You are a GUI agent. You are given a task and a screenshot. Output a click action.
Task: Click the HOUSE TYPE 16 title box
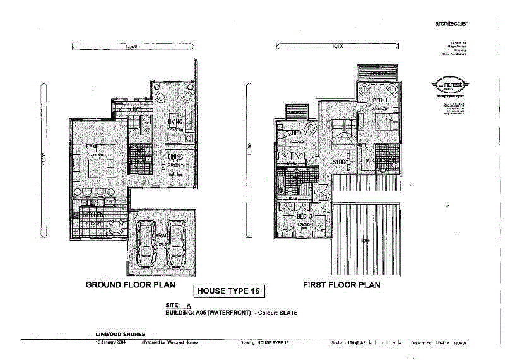coord(229,291)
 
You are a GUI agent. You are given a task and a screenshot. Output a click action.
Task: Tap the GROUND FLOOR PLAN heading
coord(130,285)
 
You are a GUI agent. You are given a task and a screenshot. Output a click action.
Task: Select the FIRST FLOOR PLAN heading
coord(342,285)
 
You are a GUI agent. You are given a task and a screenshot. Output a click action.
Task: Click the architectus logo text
coord(451,23)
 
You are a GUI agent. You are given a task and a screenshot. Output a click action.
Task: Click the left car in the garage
coord(146,243)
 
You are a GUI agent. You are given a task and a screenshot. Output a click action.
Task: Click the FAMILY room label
coord(95,146)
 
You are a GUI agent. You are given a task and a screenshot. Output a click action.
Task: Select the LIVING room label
coord(175,121)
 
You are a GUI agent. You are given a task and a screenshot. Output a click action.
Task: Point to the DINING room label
coord(175,156)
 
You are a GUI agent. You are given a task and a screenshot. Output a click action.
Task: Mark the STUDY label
coord(342,162)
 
